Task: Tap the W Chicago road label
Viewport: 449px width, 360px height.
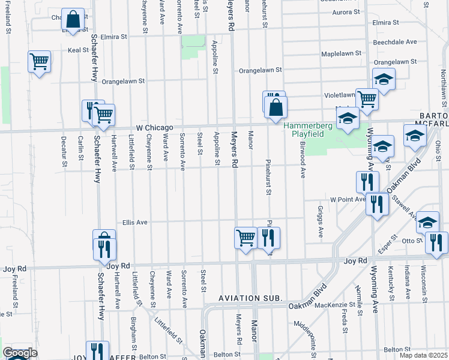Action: pos(154,128)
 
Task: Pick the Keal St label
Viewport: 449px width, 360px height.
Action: pos(78,50)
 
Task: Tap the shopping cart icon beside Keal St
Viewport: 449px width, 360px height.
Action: pos(39,61)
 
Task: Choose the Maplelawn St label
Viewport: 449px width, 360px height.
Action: pos(341,53)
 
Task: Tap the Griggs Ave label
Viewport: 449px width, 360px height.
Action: pos(321,223)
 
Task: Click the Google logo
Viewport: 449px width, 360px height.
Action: pos(20,353)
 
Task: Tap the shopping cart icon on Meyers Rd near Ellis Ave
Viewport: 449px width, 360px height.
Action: pos(246,238)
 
